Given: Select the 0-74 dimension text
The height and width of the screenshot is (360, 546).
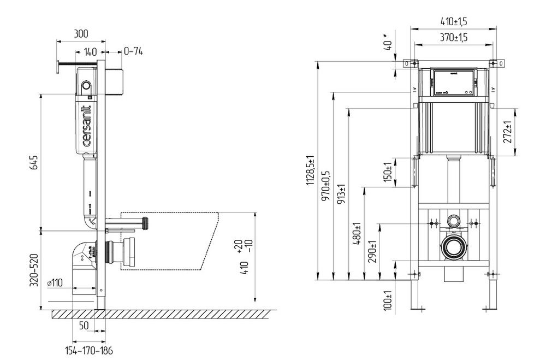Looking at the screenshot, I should point(133,51).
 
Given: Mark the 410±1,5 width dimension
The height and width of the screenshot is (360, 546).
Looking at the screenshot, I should point(454,22).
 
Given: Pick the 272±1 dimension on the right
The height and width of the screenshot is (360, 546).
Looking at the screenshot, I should point(507,133).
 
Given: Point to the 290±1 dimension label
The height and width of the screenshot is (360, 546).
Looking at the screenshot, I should point(373,252).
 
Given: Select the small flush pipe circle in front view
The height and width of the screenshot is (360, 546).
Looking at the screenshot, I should point(453,221).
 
